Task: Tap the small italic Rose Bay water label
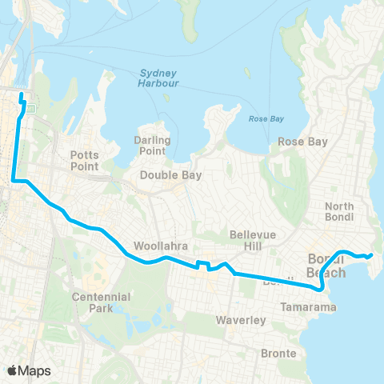click(x=266, y=119)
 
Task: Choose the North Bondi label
click(x=339, y=212)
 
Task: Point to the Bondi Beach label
click(x=327, y=266)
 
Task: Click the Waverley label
click(x=241, y=320)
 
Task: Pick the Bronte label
click(x=278, y=353)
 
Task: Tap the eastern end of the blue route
click(x=372, y=255)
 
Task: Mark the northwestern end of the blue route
click(x=21, y=99)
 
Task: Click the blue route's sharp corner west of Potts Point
click(x=14, y=182)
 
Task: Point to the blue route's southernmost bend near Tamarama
click(x=321, y=290)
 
